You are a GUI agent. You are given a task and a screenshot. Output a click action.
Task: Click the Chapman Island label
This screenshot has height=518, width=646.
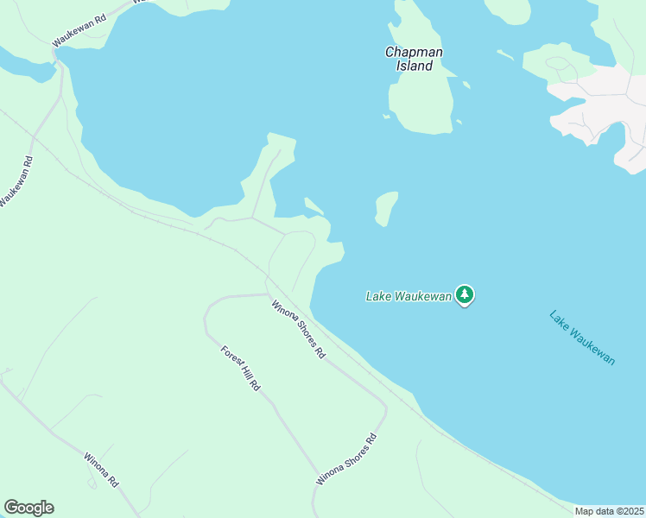[414, 59]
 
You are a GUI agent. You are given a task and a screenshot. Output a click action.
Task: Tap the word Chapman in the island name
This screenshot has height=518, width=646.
[414, 52]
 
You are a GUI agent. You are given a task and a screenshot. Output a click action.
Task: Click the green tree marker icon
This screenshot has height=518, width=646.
[465, 295]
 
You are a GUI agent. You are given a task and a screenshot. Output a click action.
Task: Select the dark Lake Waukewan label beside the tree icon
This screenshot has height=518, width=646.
[408, 296]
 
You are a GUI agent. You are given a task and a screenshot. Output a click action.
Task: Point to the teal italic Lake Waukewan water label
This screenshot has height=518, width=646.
[582, 337]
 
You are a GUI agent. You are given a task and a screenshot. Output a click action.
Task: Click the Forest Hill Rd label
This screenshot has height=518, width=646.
[240, 369]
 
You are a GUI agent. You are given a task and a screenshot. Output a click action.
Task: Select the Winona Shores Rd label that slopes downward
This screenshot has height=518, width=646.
[299, 329]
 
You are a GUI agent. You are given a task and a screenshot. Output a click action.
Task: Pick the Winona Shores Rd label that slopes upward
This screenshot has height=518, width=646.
[347, 459]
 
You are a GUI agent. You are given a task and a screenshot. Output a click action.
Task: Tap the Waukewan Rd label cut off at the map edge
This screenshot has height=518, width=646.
[16, 182]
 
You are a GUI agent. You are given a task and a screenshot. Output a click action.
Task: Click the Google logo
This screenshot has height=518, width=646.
[28, 508]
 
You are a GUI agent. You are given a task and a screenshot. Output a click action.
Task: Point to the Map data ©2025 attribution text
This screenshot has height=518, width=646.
[609, 511]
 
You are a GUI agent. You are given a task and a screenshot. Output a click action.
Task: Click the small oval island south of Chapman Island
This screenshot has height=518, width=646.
[386, 208]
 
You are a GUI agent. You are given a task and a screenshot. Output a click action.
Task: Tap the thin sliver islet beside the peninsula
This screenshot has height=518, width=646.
[313, 205]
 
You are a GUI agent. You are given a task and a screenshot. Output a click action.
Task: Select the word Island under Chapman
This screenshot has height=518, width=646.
[415, 66]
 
